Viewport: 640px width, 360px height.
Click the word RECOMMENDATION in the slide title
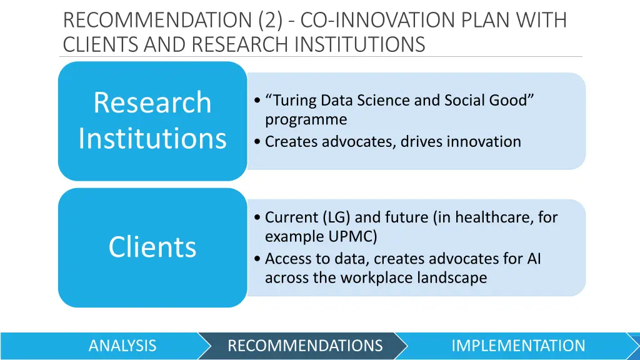[x=158, y=21]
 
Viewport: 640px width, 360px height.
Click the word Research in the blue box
[x=152, y=102]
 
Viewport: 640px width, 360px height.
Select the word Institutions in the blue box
[x=152, y=137]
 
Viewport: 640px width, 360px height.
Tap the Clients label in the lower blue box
[x=152, y=247]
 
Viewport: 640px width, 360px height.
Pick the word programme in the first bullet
[x=306, y=119]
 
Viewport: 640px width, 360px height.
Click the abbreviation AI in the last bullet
[x=533, y=259]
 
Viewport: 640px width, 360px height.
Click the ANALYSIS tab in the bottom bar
[x=122, y=346]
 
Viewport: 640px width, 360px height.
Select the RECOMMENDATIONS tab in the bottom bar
[x=304, y=346]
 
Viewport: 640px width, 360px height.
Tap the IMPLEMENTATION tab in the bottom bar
[x=517, y=346]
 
